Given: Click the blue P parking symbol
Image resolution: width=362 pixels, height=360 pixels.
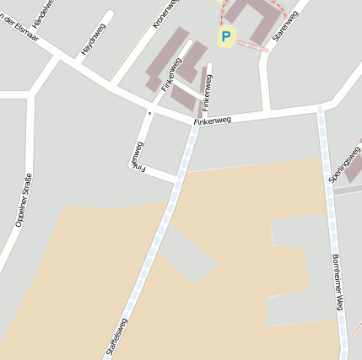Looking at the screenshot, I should [225, 36].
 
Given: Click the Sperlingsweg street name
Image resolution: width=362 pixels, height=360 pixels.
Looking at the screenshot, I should [340, 160].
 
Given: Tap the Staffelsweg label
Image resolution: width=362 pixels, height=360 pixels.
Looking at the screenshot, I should [116, 336].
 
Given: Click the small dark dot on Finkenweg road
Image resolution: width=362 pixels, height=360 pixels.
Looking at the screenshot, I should [150, 111].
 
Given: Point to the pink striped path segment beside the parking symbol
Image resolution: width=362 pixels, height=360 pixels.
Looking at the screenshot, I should [252, 46].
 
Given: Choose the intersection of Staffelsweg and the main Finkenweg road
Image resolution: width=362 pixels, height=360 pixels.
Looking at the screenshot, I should [195, 124].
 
